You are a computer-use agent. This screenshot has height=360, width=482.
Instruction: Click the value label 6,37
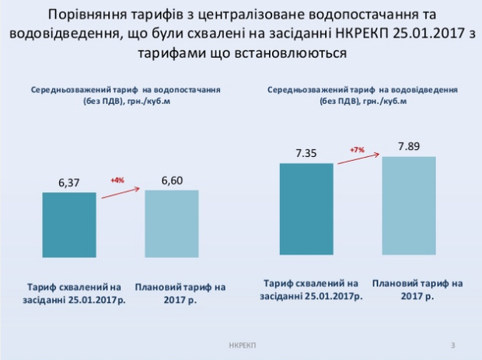(x=69, y=183)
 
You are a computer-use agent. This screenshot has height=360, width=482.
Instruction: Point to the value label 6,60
(x=171, y=180)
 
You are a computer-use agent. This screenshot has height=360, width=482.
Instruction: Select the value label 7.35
(x=306, y=152)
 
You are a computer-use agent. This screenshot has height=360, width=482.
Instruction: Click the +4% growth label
(x=118, y=180)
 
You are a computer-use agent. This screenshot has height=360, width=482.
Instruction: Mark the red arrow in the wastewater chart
(x=357, y=159)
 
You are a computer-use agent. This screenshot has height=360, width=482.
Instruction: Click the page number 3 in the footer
(x=453, y=344)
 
